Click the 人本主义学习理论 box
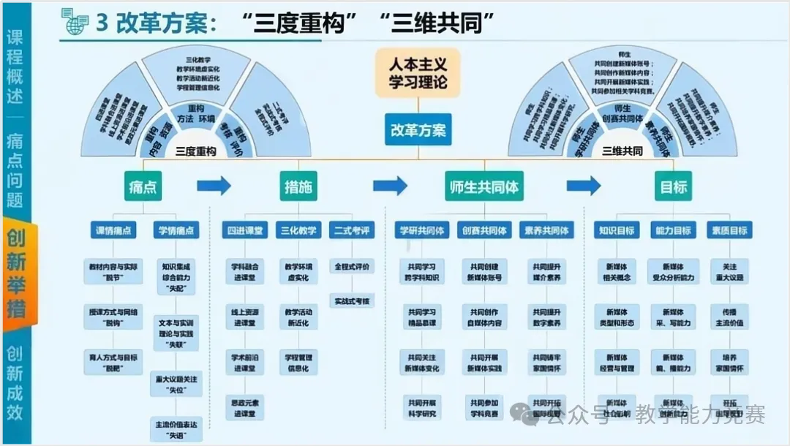click(x=418, y=73)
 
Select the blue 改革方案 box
click(x=418, y=131)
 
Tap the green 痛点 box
click(x=142, y=187)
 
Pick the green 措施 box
click(x=298, y=187)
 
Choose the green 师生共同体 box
click(x=483, y=187)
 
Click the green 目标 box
click(x=673, y=187)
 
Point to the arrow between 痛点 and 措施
click(x=214, y=186)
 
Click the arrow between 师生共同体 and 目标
click(x=584, y=186)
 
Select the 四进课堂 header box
click(x=244, y=230)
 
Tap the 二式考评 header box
click(x=352, y=230)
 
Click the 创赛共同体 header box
click(x=484, y=230)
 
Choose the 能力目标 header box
click(x=672, y=230)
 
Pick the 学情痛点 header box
click(x=176, y=230)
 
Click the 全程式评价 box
click(x=352, y=266)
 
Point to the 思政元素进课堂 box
click(x=244, y=408)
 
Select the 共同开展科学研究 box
click(x=421, y=408)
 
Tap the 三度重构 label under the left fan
click(x=195, y=151)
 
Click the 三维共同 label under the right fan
click(x=622, y=151)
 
